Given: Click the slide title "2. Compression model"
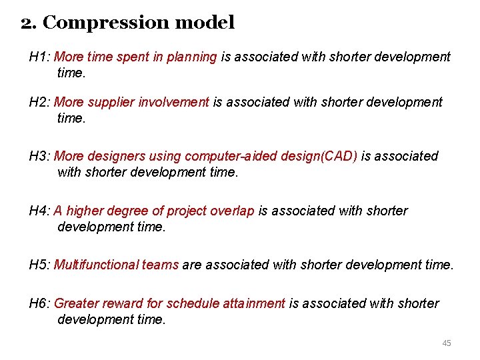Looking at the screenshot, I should [127, 23].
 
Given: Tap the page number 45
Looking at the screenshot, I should [446, 343].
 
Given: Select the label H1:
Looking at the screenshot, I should [39, 57].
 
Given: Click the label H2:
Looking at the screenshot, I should [39, 102].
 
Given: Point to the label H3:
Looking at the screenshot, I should [39, 157].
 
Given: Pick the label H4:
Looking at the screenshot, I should [39, 211].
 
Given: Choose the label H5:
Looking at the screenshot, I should [39, 265].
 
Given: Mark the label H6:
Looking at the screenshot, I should [39, 304].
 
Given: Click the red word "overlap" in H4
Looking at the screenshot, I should [232, 211].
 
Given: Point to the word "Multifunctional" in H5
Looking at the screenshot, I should [96, 265].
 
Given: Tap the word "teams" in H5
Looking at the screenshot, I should [160, 265].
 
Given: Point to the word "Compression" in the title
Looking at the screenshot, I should [106, 23].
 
